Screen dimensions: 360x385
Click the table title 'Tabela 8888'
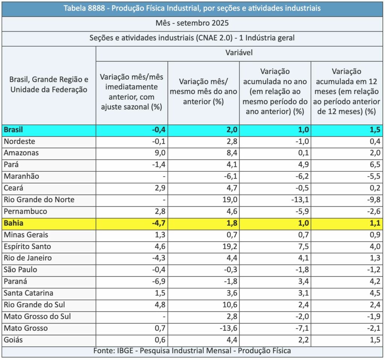click(x=192, y=8)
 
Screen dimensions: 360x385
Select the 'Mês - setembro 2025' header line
click(x=192, y=23)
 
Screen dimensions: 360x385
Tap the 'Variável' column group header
click(x=239, y=53)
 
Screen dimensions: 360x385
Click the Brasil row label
click(x=14, y=130)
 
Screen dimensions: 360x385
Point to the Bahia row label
click(x=14, y=223)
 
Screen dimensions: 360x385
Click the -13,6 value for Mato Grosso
click(x=229, y=328)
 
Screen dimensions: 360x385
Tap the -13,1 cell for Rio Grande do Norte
click(x=300, y=200)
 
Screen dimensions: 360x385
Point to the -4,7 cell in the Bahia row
click(x=158, y=223)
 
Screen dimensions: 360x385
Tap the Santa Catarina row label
click(x=28, y=293)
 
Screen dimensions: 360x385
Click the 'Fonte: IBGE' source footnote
click(x=192, y=351)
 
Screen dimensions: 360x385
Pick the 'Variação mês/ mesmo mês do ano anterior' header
click(x=203, y=92)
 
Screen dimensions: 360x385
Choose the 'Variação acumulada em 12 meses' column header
click(x=347, y=92)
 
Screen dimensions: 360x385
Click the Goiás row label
click(x=14, y=340)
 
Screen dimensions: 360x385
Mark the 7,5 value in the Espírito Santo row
click(x=303, y=247)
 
